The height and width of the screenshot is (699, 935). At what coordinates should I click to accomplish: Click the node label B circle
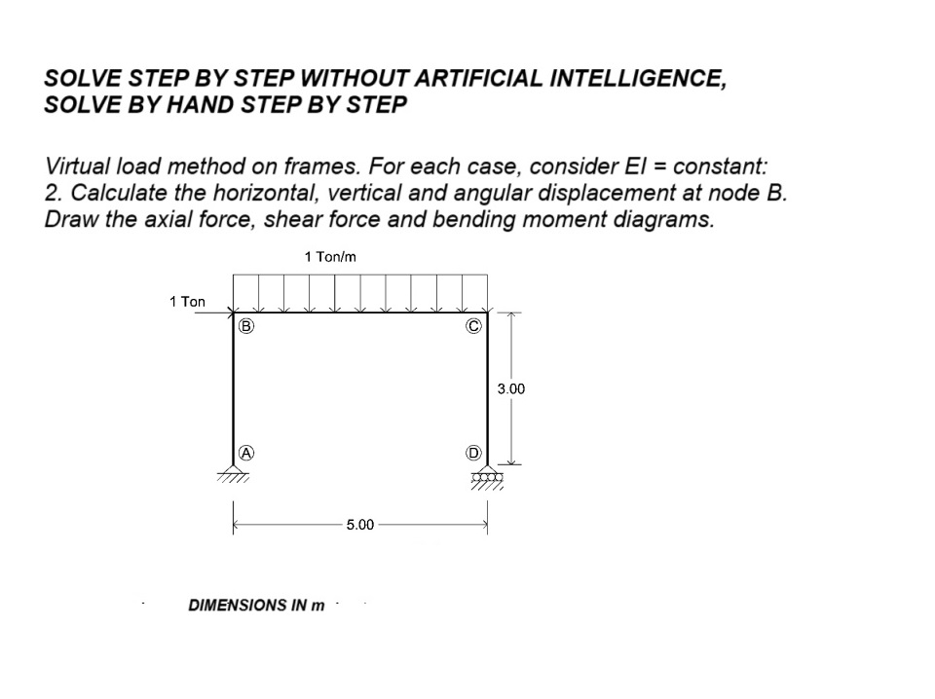click(246, 326)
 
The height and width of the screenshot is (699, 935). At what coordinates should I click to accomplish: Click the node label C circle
click(472, 326)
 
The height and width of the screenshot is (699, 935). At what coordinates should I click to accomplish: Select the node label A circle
click(246, 453)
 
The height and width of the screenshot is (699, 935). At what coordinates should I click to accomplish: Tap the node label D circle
click(473, 453)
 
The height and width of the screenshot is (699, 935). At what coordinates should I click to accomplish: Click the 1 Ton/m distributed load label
click(331, 257)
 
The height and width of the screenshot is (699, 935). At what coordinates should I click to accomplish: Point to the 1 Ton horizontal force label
click(187, 301)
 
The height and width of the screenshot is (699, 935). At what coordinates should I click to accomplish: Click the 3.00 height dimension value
click(510, 388)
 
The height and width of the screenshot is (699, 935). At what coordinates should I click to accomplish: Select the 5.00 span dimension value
click(359, 525)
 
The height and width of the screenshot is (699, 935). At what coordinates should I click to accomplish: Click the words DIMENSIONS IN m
click(256, 605)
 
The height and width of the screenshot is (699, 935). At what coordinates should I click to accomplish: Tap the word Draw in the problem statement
click(69, 219)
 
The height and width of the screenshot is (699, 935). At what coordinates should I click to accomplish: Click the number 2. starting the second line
click(54, 192)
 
